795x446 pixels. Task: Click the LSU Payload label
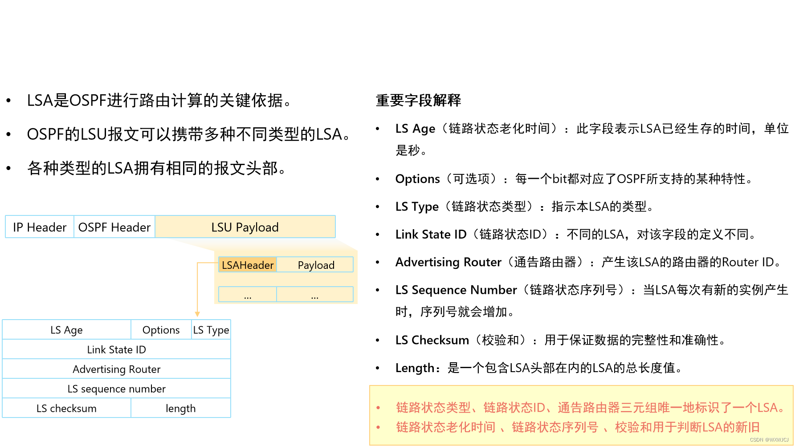click(245, 227)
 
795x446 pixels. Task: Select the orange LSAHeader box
click(248, 265)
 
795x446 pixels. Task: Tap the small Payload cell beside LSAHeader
click(316, 265)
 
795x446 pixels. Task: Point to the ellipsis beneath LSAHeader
click(248, 296)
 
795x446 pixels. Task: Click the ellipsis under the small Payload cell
click(315, 296)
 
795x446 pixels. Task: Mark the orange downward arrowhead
click(197, 314)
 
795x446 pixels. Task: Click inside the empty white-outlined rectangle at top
click(173, 24)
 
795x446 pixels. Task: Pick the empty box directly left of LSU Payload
click(114, 227)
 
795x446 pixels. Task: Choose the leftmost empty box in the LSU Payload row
click(40, 227)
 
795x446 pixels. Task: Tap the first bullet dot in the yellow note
click(378, 408)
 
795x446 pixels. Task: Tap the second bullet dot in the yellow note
click(378, 427)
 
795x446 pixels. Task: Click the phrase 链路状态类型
click(433, 408)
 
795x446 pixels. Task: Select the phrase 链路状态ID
click(514, 408)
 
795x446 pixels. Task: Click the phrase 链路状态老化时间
click(446, 427)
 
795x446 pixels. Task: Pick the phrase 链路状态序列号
click(555, 427)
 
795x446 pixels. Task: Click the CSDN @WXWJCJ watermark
click(769, 440)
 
